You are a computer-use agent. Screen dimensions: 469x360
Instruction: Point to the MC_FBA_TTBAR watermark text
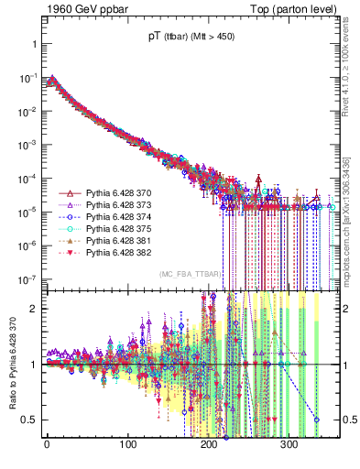189,274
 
